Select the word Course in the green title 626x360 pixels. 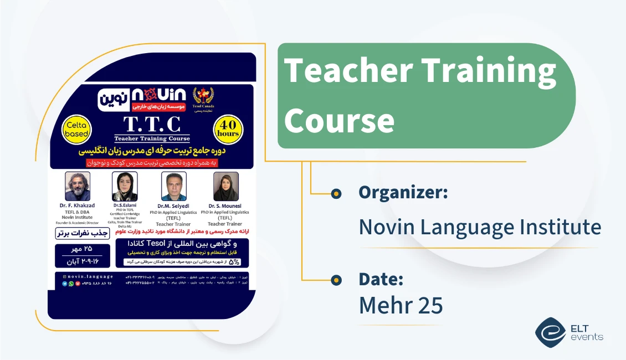tap(339, 119)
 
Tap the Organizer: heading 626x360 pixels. tap(403, 192)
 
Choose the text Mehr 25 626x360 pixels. tap(401, 305)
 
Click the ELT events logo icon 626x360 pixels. tap(550, 332)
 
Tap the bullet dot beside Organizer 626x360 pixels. tap(336, 193)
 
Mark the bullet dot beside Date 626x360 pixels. tap(336, 280)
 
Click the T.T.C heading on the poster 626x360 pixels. tap(151, 123)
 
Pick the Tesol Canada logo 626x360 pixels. tap(203, 99)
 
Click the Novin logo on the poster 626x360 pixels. tap(142, 98)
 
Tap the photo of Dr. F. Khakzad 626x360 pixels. tap(78, 186)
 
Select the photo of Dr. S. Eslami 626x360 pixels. tap(125, 186)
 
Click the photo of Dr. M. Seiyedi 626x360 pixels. tap(173, 186)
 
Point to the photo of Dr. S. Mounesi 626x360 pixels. tap(225, 186)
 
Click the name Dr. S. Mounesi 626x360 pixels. tap(225, 206)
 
